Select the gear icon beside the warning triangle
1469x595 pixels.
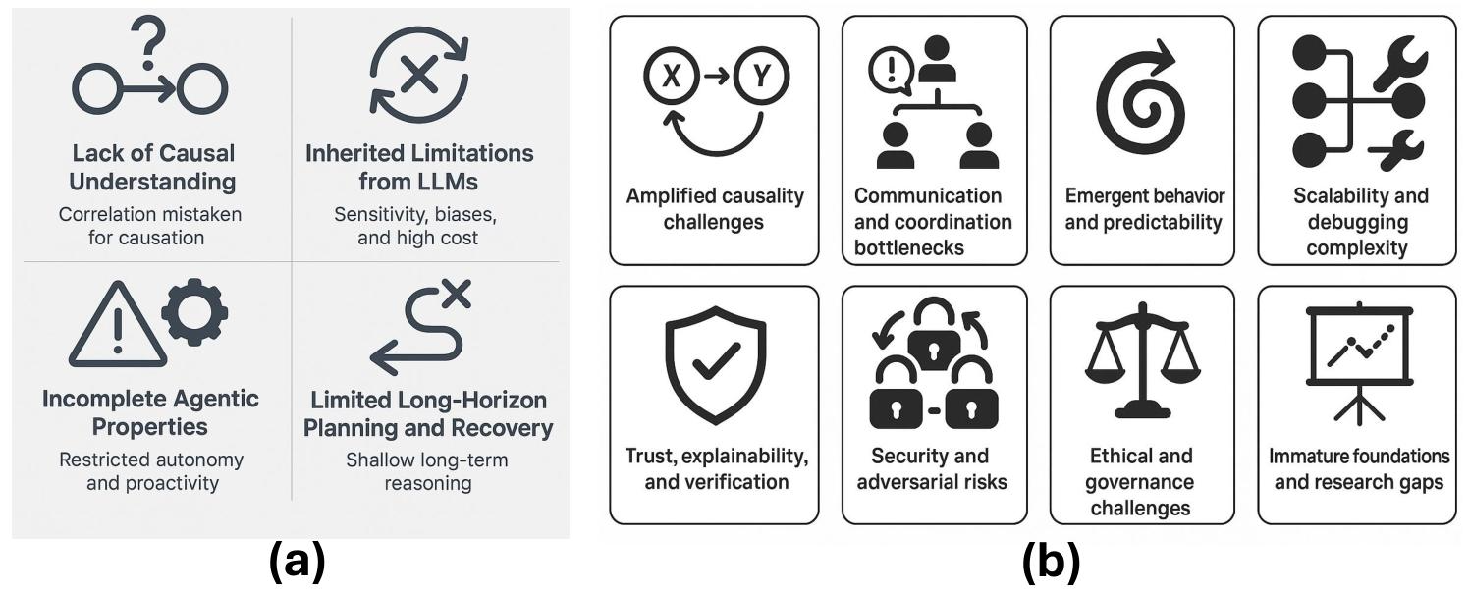194,313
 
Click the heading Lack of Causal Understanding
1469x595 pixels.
153,168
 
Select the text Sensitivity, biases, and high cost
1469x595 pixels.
419,226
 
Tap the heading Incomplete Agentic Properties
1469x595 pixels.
150,413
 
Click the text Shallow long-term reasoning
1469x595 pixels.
427,471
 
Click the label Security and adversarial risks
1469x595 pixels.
932,469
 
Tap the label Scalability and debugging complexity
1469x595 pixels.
1359,221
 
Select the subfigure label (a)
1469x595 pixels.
296,563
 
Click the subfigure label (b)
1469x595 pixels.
1050,563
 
